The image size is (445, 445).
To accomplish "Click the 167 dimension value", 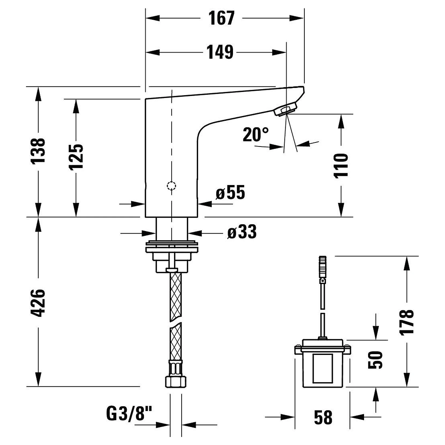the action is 221,18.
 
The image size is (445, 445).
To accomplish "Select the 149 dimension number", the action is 220,52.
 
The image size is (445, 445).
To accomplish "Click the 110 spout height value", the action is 341,165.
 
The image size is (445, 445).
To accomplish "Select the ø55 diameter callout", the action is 231,192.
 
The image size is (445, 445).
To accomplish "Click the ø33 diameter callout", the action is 242,232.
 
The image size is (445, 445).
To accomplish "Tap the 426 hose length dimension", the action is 38,303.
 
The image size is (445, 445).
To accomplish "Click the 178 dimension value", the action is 407,322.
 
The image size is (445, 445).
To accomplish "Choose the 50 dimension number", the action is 375,360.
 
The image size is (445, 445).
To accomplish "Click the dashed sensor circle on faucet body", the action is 171,186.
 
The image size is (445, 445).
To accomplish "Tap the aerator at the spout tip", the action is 285,110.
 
